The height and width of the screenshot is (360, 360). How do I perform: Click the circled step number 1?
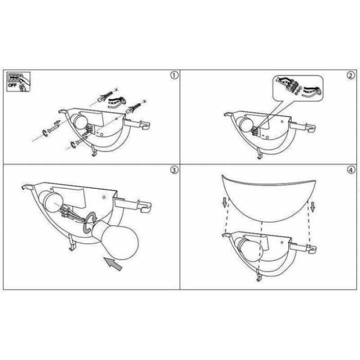coord(174,75)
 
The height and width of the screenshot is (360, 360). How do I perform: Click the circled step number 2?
coord(351,76)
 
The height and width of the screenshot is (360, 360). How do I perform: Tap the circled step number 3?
coord(174,170)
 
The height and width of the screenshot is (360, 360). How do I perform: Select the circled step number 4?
coord(351,170)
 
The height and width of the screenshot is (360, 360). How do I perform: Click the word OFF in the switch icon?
coord(12,85)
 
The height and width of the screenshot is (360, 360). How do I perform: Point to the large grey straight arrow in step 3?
coord(113,264)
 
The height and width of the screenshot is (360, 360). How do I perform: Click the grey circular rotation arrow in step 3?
coord(90,223)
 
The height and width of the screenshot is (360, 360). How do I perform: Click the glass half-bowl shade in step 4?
coord(269,197)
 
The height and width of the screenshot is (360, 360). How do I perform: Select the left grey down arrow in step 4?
coord(225,203)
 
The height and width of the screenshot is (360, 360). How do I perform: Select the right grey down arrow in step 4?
coord(313,207)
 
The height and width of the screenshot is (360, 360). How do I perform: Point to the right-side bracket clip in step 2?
coord(303,127)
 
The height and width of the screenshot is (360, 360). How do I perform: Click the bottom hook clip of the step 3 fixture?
coord(71,242)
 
